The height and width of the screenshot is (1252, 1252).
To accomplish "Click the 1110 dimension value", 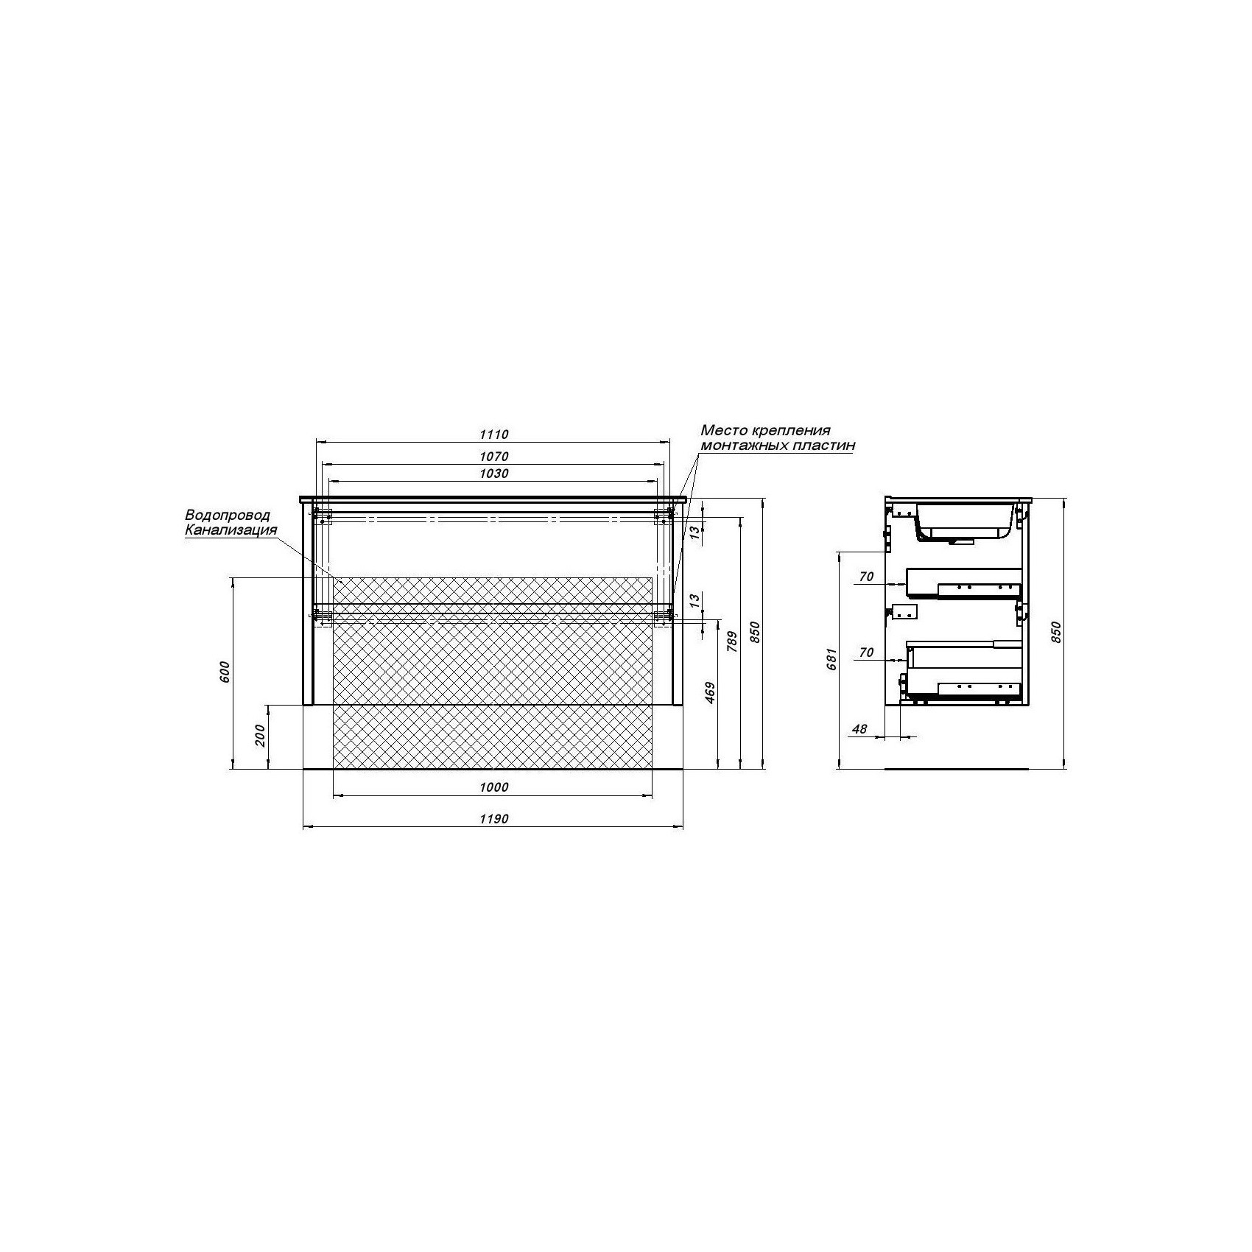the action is pyautogui.click(x=493, y=435).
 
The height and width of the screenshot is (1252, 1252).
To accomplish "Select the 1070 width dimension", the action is pyautogui.click(x=493, y=457).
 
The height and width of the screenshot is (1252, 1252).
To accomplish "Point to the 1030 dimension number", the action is pyautogui.click(x=493, y=474).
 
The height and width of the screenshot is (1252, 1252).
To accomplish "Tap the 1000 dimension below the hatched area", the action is pyautogui.click(x=493, y=787).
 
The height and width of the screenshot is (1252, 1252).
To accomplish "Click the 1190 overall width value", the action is pyautogui.click(x=493, y=819).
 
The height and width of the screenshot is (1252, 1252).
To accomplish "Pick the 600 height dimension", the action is pyautogui.click(x=225, y=672).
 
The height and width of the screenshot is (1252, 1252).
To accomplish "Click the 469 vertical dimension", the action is pyautogui.click(x=711, y=693).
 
